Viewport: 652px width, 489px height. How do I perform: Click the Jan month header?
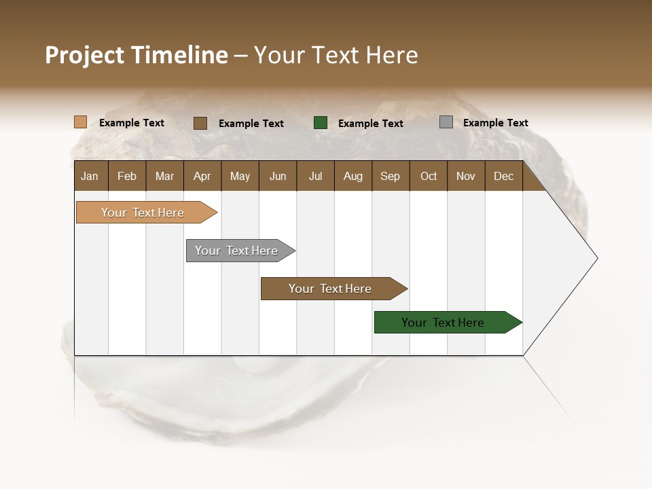point(90,176)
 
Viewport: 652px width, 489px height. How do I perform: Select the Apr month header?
point(202,176)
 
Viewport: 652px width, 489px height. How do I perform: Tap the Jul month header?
point(315,176)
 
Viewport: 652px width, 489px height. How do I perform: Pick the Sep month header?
point(390,176)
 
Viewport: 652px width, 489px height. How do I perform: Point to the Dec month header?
point(503,176)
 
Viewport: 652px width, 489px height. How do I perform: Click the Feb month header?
point(127,176)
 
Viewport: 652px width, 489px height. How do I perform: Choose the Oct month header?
point(429,176)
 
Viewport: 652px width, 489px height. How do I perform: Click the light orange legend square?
point(80,122)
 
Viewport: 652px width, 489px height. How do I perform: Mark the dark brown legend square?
point(200,123)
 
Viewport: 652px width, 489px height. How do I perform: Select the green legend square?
point(321,123)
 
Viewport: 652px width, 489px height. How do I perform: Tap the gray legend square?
point(446,122)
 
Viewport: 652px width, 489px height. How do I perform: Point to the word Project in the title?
point(84,55)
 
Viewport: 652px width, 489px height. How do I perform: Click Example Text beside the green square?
point(370,124)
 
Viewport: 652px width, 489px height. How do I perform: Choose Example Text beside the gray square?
point(495,123)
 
